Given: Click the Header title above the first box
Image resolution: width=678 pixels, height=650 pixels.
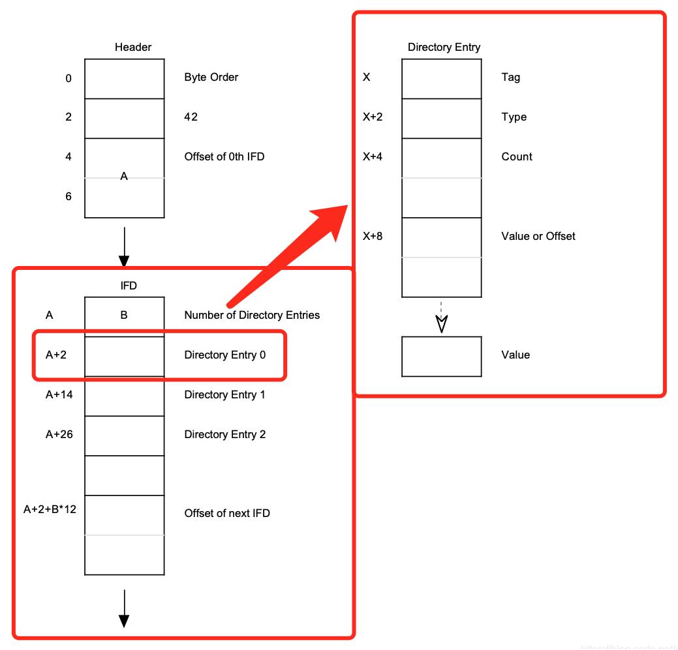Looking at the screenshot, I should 133,47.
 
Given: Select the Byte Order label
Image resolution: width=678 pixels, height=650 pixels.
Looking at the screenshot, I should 211,77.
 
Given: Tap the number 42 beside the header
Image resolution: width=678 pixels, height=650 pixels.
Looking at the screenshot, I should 191,117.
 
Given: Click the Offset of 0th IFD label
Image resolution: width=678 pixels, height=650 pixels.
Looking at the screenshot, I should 224,156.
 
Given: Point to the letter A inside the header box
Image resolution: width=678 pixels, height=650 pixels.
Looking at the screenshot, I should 124,175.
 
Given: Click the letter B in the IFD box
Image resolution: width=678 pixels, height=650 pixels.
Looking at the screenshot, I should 124,316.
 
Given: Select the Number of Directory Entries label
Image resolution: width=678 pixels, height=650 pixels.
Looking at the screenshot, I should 252,315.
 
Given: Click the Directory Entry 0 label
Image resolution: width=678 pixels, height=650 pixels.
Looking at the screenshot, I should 224,355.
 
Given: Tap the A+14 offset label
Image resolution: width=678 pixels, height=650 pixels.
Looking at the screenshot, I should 59,394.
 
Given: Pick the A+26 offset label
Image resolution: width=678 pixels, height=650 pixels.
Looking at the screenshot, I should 59,434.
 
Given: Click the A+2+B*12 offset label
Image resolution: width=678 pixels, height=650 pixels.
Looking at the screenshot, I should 50,509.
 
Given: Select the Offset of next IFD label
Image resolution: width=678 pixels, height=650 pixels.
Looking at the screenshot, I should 226,513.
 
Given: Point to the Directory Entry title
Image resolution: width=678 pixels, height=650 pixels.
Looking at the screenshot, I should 444,47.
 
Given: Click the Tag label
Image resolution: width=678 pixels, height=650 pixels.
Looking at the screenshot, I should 510,77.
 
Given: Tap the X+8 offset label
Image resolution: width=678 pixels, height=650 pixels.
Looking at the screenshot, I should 373,236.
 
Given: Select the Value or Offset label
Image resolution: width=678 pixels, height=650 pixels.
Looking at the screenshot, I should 538,236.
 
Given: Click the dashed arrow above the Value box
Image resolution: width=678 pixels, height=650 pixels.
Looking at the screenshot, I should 442,317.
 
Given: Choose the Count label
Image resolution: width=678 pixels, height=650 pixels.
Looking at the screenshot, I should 517,156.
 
